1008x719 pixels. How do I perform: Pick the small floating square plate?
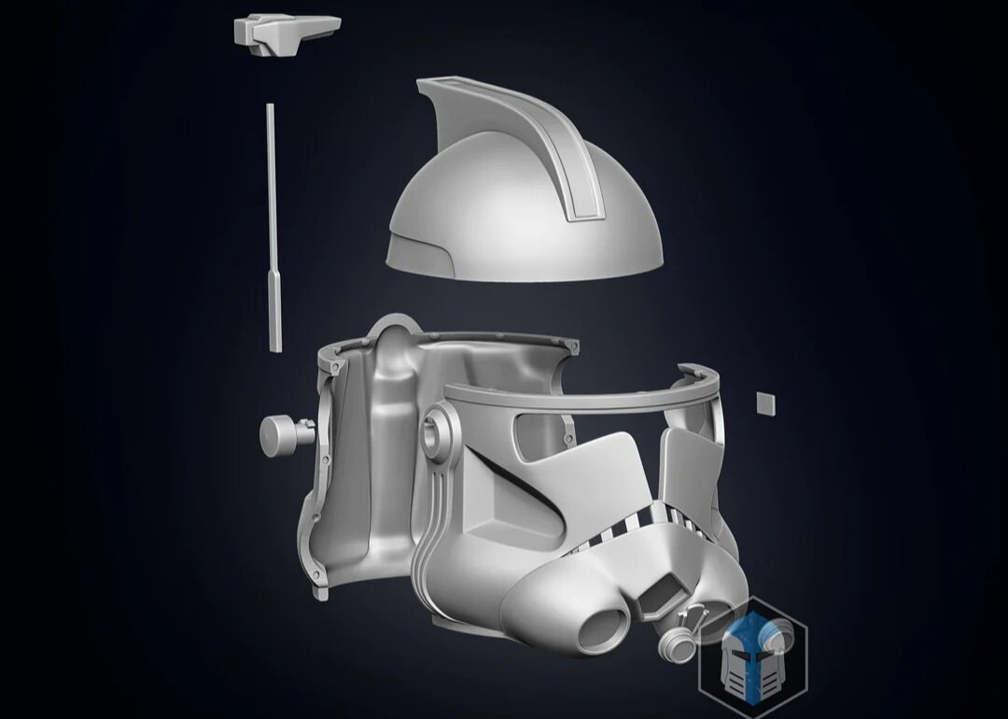tap(766, 402)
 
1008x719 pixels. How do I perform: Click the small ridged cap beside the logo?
tap(679, 642)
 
